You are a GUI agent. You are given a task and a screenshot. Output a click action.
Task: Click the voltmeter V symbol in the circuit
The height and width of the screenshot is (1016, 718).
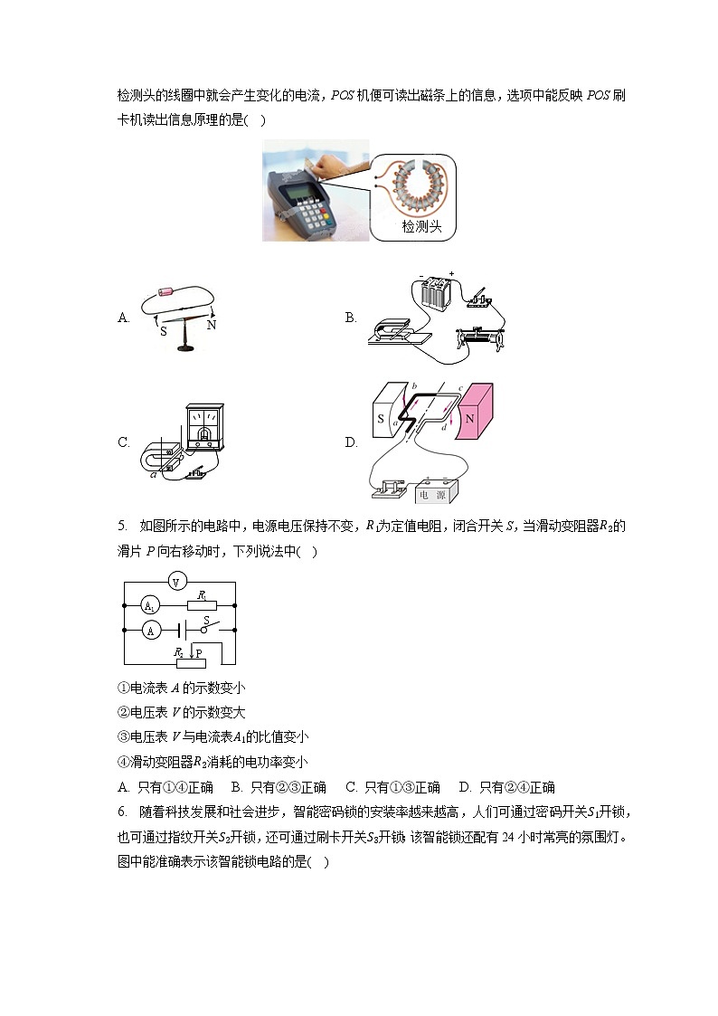pyautogui.click(x=179, y=580)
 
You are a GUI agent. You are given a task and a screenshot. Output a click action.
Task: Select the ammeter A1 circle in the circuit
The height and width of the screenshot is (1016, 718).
pyautogui.click(x=150, y=605)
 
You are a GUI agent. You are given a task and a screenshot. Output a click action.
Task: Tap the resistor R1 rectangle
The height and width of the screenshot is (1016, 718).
pyautogui.click(x=202, y=603)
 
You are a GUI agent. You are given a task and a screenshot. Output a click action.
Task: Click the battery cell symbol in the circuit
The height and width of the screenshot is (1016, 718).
pyautogui.click(x=181, y=629)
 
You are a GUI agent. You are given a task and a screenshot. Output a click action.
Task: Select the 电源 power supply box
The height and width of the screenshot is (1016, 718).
pyautogui.click(x=437, y=494)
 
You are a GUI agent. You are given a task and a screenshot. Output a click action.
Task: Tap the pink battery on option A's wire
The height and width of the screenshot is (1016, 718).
pyautogui.click(x=165, y=292)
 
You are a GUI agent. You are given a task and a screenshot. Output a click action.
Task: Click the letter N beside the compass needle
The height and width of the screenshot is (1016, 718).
pyautogui.click(x=212, y=325)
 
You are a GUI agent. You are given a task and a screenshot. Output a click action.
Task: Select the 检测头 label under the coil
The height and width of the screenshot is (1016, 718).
pyautogui.click(x=422, y=227)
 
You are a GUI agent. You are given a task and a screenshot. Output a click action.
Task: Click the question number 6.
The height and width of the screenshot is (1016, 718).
pyautogui.click(x=121, y=811)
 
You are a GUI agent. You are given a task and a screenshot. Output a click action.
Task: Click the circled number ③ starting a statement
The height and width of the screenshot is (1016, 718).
pyautogui.click(x=123, y=736)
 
